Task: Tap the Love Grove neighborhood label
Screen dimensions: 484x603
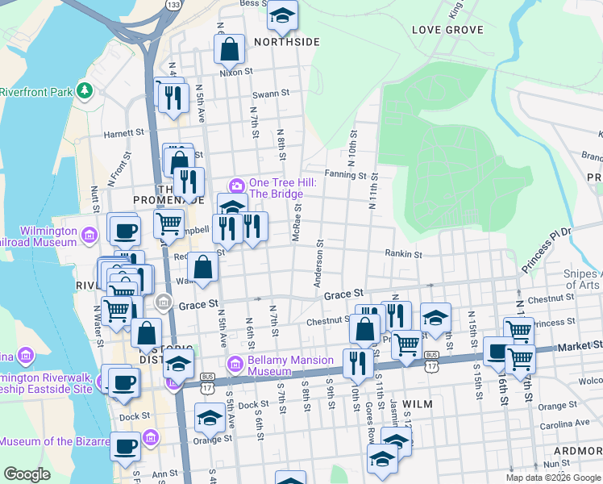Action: point(447,30)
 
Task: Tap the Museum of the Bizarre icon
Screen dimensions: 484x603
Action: point(150,438)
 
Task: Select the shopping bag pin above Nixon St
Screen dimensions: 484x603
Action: point(230,48)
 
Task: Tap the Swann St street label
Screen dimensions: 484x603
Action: point(271,94)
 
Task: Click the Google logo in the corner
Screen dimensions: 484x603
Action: point(27,474)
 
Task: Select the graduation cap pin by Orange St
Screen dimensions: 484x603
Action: point(210,418)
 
